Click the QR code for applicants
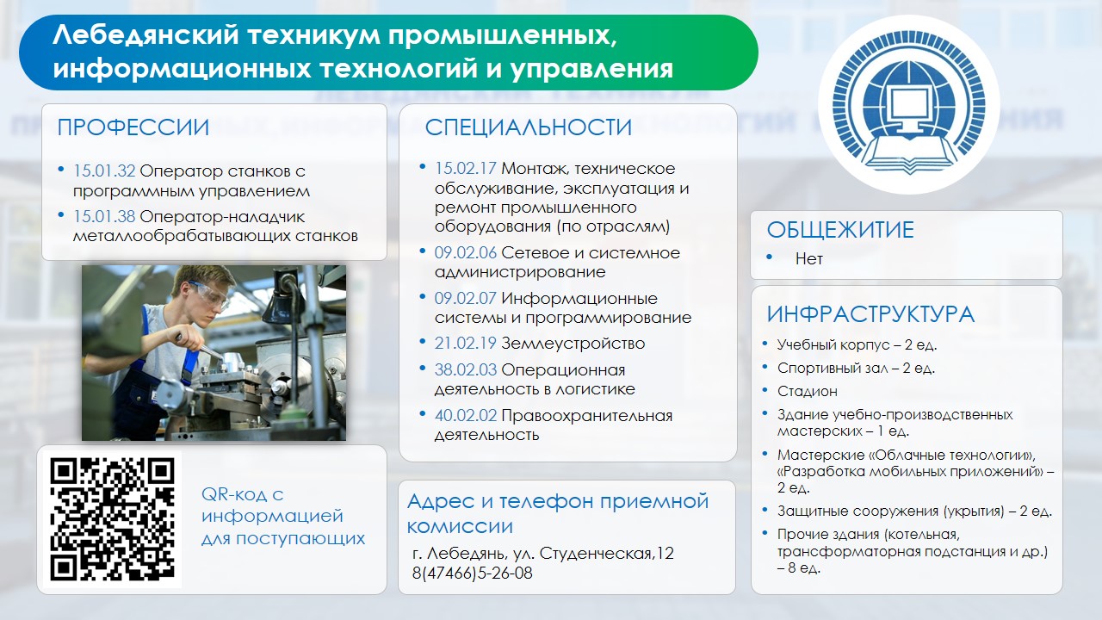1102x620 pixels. click(x=112, y=519)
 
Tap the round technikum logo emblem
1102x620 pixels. click(x=909, y=104)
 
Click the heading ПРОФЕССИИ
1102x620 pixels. click(x=133, y=127)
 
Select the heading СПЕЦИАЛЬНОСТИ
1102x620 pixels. click(x=529, y=127)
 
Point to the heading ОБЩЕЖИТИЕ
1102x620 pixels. click(x=840, y=230)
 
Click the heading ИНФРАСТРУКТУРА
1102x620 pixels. click(x=870, y=314)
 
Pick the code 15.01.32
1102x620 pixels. click(x=104, y=170)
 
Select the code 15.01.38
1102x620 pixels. click(x=104, y=216)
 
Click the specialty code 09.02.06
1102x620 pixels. click(x=466, y=252)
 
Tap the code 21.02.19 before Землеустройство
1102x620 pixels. click(x=466, y=343)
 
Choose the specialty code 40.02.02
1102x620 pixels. click(x=466, y=415)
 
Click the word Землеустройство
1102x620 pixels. click(x=573, y=344)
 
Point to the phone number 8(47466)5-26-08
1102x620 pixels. click(x=473, y=573)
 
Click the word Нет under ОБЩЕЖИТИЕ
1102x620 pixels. click(x=808, y=258)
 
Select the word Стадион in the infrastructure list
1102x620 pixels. click(x=808, y=391)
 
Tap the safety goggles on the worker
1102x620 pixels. click(x=210, y=295)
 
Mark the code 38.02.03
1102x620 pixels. click(x=466, y=369)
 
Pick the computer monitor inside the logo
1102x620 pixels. click(x=910, y=107)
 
